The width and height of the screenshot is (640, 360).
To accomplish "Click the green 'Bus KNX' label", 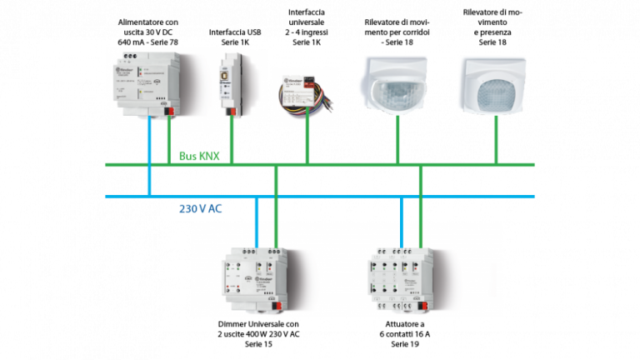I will coord(198,156).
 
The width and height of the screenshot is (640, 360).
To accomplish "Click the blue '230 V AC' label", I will coord(201,208).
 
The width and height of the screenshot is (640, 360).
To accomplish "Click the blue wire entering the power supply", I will coord(148,154).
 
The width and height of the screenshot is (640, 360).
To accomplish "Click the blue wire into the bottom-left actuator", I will coord(257,221).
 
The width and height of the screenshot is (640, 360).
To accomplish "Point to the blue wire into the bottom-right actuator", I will coord(402,221).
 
